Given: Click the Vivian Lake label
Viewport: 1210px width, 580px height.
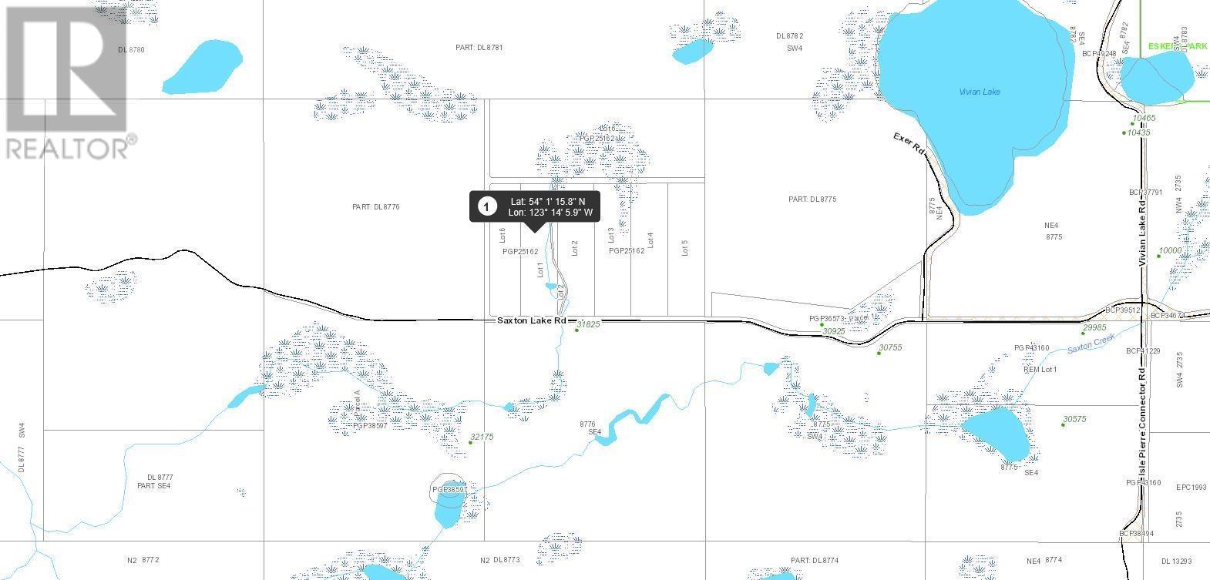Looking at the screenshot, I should point(980,92).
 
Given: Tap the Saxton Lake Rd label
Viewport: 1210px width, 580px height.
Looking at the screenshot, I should point(531,320).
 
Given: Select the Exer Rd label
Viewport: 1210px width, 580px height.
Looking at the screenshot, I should point(909,145).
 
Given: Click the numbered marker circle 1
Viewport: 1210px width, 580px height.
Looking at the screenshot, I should point(486,206).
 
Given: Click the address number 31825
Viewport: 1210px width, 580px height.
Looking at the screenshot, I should point(588,324).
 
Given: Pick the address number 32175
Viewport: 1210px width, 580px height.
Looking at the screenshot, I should point(482,437).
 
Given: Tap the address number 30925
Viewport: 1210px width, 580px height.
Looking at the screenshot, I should point(834,331).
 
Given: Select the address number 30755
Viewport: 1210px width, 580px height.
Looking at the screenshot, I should point(890,348).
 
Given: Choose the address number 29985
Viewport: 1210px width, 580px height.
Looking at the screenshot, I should point(1094,328).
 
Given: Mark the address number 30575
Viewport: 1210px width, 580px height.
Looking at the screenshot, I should point(1074,420).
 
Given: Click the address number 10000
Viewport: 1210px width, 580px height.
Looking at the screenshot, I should point(1170,251).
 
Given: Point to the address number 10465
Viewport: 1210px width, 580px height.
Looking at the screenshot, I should point(1144,119).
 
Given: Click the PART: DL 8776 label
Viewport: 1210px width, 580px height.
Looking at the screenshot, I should point(376,206).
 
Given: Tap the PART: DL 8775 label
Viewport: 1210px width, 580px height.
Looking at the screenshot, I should point(812,199).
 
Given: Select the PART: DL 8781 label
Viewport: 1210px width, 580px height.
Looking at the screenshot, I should point(479,48).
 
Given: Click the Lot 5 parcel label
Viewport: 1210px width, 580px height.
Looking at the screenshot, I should point(684,248).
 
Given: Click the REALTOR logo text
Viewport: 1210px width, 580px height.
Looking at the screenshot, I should point(68,148).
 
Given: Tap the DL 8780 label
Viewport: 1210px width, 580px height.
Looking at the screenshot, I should point(132,50).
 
